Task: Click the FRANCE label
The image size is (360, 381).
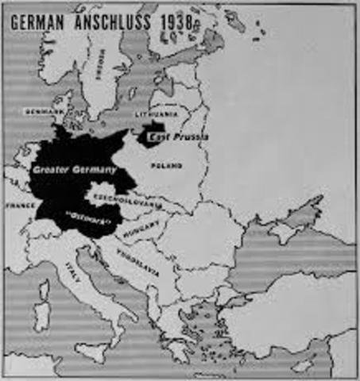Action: pos(19,204)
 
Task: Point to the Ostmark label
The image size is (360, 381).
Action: pos(91,214)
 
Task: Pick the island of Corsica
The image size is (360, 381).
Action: pos(46,283)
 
